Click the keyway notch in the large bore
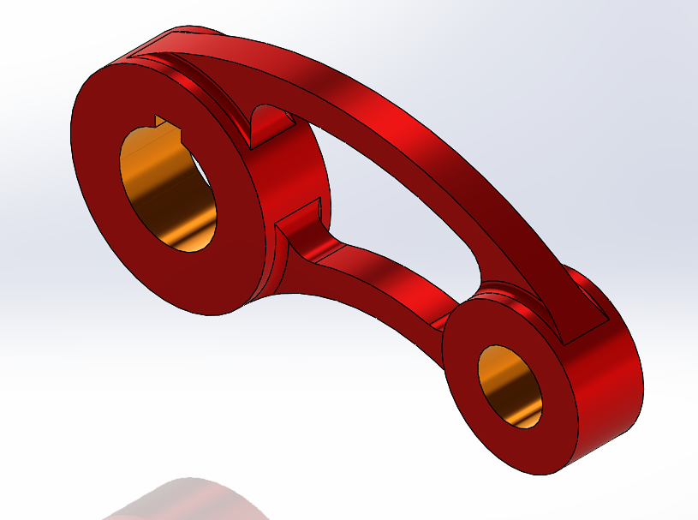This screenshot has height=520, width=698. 162,123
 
